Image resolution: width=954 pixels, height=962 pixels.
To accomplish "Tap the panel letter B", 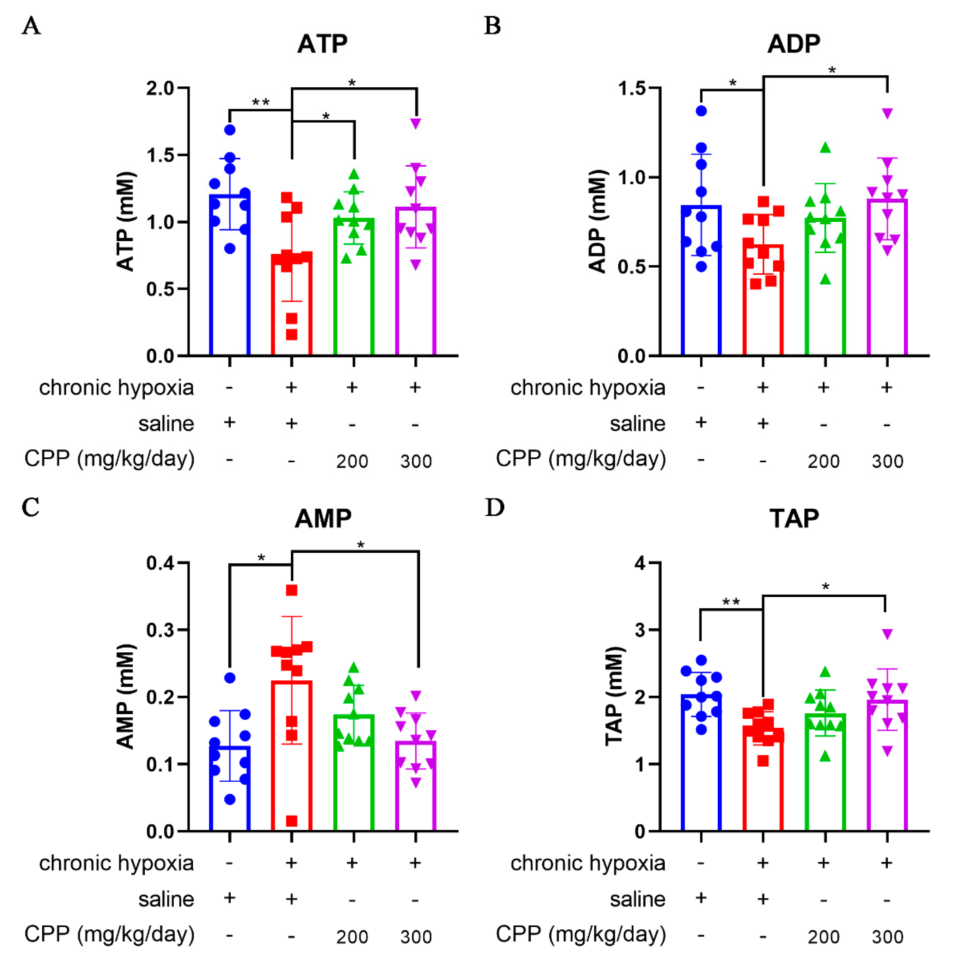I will (493, 26).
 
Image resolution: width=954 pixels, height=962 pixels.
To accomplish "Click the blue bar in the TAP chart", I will (701, 777).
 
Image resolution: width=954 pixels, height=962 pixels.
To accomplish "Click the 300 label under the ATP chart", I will (416, 461).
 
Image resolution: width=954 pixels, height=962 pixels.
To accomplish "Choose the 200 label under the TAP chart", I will (824, 937).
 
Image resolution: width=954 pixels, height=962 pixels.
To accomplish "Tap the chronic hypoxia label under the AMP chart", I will (116, 864).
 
